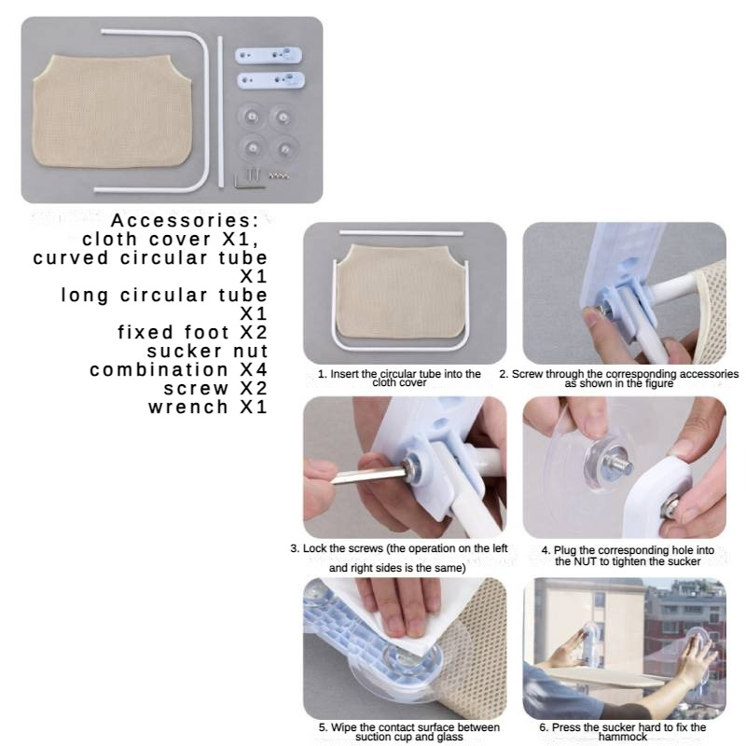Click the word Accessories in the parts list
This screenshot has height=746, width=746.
(x=185, y=220)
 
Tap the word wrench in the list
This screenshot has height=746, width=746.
(x=188, y=408)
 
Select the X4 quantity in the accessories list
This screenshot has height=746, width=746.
(x=254, y=369)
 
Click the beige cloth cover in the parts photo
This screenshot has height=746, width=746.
(x=113, y=111)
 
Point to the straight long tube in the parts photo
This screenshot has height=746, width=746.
(x=220, y=112)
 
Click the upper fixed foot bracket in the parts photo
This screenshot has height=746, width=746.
(x=269, y=55)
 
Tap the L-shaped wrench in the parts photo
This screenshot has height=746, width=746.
(x=248, y=178)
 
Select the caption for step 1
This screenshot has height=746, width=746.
(x=399, y=379)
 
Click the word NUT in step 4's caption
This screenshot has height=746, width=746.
(x=585, y=561)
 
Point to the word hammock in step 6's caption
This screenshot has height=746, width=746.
(x=623, y=737)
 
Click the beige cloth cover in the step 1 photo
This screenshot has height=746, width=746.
(x=400, y=291)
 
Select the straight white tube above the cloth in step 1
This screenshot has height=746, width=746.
(x=401, y=233)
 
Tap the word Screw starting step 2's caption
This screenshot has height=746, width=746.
(x=526, y=375)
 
